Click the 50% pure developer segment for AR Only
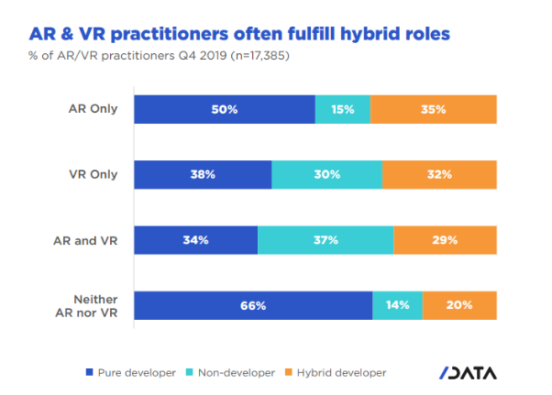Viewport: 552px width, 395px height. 225,109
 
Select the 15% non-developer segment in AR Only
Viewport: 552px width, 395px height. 342,109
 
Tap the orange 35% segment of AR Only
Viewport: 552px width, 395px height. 433,109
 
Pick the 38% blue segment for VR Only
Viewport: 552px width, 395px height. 203,174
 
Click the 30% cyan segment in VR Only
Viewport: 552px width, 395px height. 326,174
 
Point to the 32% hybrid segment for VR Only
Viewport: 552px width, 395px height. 439,174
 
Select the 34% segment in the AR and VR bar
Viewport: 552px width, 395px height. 195,240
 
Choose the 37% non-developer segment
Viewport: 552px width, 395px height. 326,240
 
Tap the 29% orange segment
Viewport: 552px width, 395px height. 445,240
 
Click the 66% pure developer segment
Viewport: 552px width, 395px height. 253,305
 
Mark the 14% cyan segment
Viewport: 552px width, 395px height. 397,305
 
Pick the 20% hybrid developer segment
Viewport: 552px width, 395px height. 459,305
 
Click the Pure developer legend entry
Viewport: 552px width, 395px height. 130,372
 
